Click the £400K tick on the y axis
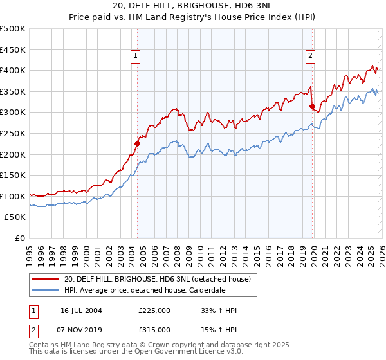tap(13, 71)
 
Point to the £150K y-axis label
tap(13, 175)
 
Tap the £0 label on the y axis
tap(21, 239)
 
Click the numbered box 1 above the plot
tap(136, 57)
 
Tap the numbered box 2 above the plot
tap(310, 57)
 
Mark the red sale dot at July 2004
tap(137, 143)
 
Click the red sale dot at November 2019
tap(312, 106)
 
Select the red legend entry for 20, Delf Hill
tap(161, 278)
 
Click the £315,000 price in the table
tap(154, 330)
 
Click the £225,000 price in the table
tap(154, 310)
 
